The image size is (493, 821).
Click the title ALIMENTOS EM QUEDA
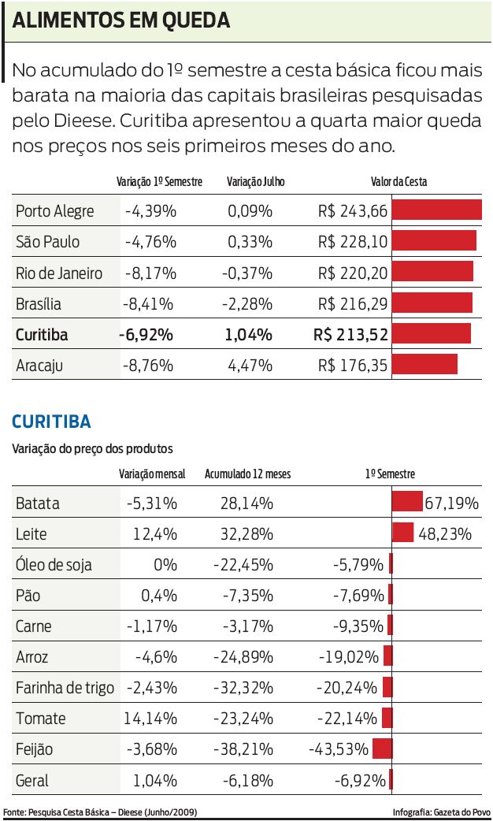point(121,21)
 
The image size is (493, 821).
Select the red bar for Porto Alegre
point(436,210)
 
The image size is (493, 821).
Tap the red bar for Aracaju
point(424,364)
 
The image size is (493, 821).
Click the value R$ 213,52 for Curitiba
point(350,334)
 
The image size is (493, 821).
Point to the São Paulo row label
point(47,242)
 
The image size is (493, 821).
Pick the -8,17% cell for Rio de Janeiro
point(150,273)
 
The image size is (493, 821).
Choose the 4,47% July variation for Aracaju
point(250,366)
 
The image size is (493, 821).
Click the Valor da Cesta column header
point(398,182)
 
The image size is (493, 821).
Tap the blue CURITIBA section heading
point(51,422)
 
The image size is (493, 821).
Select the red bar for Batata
point(407,502)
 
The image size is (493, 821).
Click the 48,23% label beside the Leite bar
point(445,534)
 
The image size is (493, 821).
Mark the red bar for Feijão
point(383,749)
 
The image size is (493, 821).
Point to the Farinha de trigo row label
point(65,688)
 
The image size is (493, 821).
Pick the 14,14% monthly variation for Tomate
point(150,719)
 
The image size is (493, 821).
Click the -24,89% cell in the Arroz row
point(243,656)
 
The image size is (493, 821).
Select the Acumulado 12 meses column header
point(247,474)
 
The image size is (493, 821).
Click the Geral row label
point(32,781)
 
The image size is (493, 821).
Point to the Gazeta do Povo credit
point(441,812)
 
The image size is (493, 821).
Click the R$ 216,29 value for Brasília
point(353,304)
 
